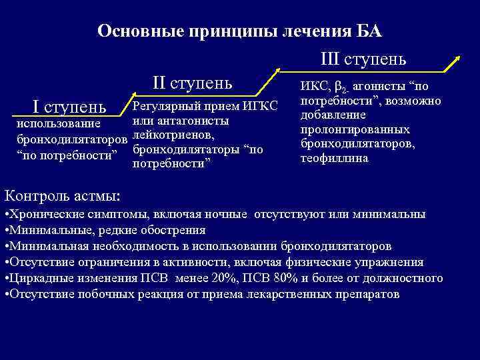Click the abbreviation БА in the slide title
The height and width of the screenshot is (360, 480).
(367, 31)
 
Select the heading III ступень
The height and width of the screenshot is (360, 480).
(363, 59)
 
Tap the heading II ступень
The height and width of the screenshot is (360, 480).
(192, 83)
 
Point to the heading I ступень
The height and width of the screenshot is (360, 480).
(69, 106)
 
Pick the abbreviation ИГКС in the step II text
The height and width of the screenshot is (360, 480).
(259, 107)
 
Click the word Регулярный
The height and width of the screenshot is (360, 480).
(167, 107)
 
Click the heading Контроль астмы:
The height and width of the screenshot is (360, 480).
(63, 196)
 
